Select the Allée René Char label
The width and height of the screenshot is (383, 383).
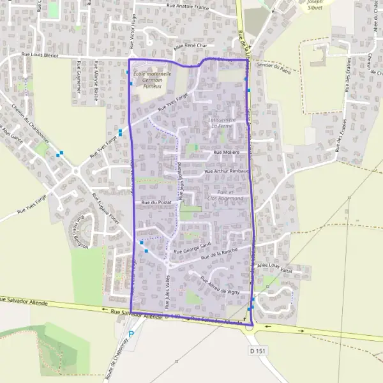pos(191,46)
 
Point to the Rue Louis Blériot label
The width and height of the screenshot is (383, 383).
pos(41,56)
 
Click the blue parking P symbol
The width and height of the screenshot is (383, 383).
pos(131,334)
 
